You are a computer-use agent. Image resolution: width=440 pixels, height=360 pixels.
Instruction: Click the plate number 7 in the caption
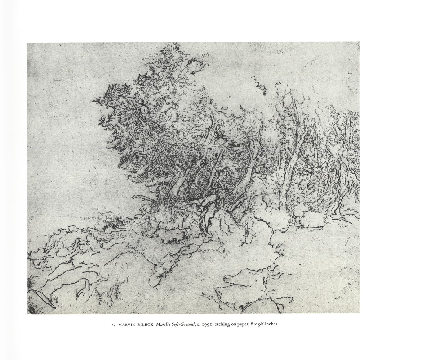point(112,324)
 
